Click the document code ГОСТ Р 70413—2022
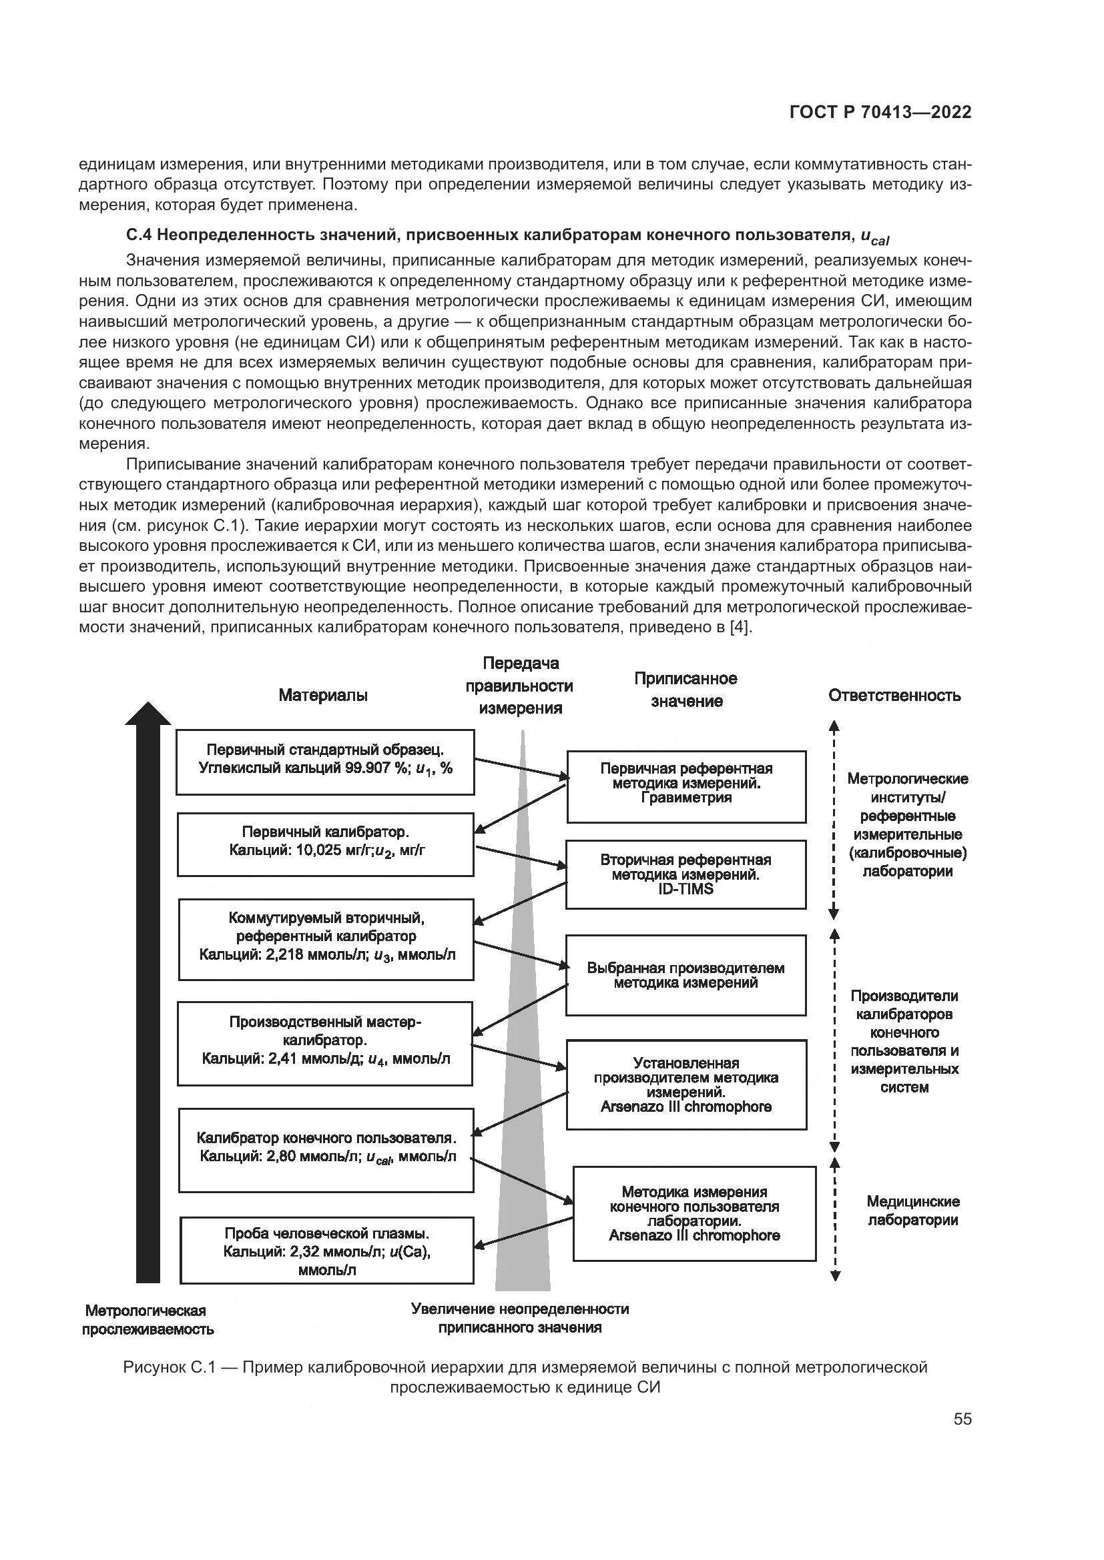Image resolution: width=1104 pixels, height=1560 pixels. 880,113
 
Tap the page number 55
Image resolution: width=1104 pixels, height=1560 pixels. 962,1419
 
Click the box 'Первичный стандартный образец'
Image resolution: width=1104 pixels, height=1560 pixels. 325,762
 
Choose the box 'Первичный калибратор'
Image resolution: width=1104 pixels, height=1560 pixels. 326,844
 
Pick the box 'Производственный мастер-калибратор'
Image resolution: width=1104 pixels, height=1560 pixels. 325,1043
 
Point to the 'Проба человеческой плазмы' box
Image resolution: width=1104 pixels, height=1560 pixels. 326,1250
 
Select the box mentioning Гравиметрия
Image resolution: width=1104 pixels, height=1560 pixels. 686,786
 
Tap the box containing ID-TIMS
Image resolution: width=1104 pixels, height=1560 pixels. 685,874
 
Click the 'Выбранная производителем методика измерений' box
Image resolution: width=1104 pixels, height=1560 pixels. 685,975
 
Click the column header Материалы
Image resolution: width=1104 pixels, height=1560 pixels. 323,695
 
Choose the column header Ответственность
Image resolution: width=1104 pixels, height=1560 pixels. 894,695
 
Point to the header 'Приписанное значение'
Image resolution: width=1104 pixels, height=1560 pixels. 685,690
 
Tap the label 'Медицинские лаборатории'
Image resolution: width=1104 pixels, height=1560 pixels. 912,1211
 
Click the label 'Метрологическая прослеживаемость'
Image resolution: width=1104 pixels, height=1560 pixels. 148,1320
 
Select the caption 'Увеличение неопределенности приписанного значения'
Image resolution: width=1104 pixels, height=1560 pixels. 519,1318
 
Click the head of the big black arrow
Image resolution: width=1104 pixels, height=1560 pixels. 148,713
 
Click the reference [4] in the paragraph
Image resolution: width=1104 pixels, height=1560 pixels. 739,626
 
